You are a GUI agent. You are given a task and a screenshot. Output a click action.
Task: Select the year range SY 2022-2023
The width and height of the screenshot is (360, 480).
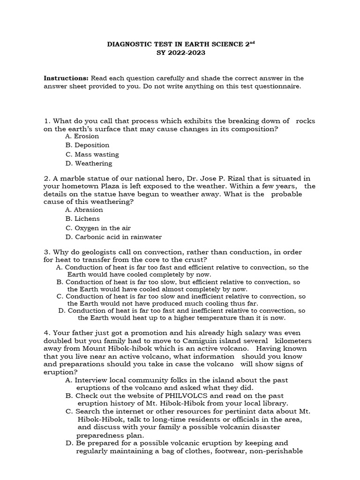pos(180,53)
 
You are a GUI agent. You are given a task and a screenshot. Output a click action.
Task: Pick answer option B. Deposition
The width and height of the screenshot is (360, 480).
pos(87,145)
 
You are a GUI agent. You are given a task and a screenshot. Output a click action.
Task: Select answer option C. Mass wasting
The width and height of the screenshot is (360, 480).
pos(92,154)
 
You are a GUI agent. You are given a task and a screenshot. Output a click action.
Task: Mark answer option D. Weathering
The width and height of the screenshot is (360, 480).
pos(89,164)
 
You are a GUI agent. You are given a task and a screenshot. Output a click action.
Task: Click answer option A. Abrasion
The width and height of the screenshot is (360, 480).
pos(84,210)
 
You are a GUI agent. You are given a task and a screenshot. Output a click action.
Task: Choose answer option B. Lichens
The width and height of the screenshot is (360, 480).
pos(82,218)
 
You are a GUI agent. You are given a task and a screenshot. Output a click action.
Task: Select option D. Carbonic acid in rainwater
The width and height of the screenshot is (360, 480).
pos(113,237)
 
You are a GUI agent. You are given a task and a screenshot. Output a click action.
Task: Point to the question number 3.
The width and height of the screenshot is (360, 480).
pos(46,252)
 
